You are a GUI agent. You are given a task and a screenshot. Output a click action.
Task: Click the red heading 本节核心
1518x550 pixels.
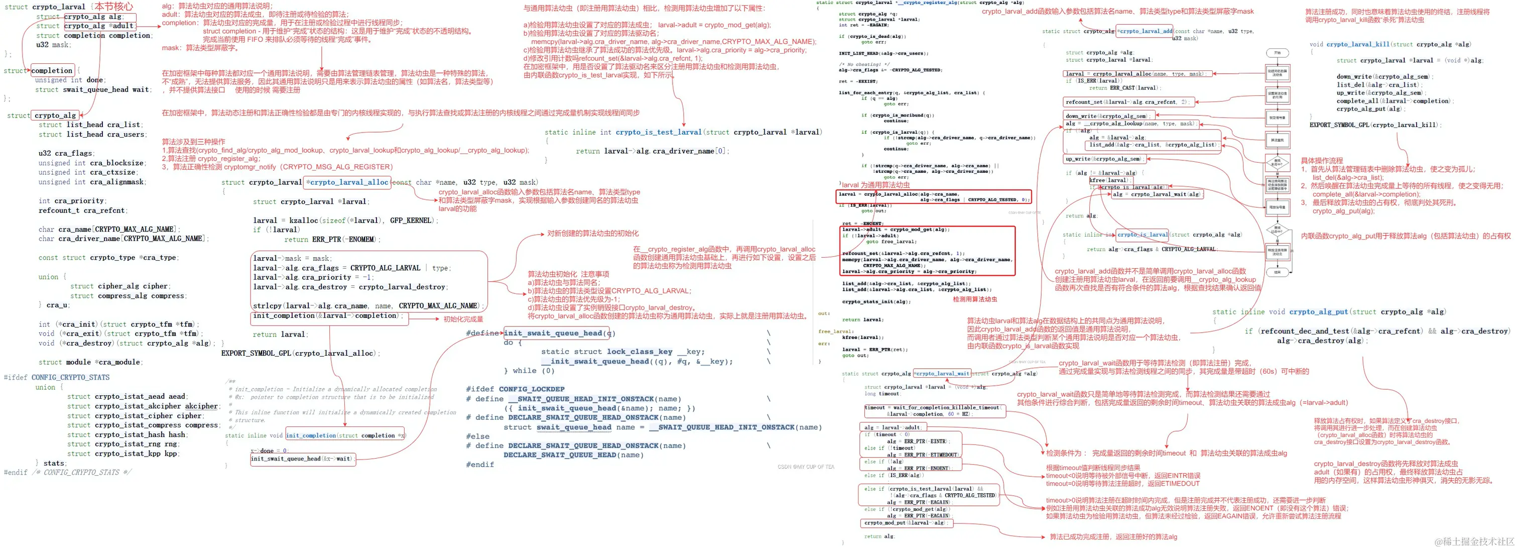click(114, 7)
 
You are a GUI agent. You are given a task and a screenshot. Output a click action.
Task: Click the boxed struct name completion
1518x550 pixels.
click(52, 71)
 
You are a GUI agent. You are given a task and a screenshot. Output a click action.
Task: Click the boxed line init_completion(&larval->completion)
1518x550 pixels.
click(328, 316)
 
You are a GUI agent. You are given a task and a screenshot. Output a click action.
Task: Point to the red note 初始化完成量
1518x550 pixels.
click(463, 319)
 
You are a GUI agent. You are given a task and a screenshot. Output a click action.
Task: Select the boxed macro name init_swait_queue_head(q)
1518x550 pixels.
click(559, 333)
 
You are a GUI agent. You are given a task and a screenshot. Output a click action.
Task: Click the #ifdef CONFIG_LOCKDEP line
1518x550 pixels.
click(515, 389)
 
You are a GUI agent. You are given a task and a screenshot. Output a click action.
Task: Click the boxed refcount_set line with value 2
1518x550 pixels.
click(1128, 102)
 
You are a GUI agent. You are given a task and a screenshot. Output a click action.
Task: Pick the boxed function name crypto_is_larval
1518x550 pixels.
click(1143, 235)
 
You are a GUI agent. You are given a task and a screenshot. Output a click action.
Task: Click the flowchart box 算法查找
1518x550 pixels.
click(1277, 140)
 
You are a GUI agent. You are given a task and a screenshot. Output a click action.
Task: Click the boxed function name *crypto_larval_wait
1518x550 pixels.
click(942, 374)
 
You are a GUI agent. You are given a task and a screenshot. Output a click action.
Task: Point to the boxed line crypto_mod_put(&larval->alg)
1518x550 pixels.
click(905, 523)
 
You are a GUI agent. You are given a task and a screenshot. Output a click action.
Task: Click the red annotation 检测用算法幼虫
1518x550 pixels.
click(975, 299)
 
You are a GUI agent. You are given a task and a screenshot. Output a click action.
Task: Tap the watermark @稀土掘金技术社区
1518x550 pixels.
click(1474, 541)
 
